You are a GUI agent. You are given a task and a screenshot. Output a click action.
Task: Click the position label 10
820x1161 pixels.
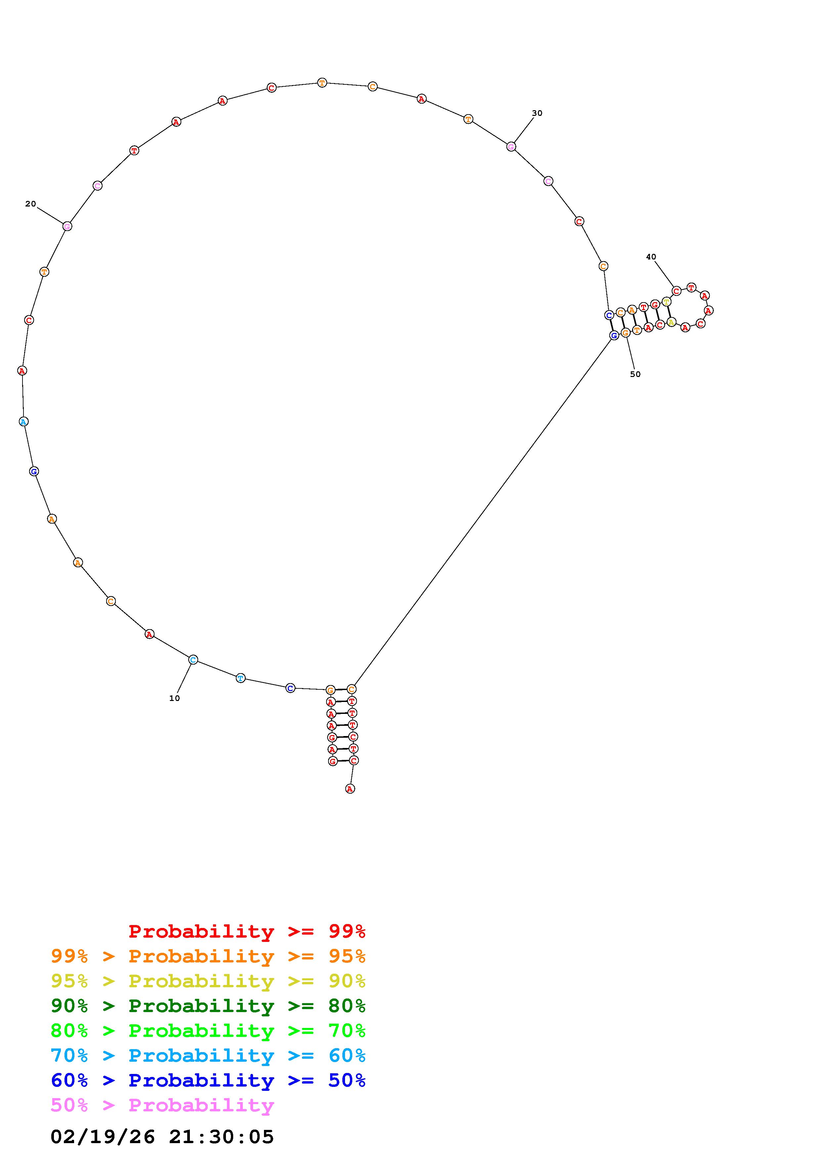point(174,698)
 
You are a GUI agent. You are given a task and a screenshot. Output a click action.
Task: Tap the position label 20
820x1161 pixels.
point(30,204)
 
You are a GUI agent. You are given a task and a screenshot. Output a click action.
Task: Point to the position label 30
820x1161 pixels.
point(537,113)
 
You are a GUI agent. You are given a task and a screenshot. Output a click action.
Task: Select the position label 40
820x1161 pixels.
point(651,257)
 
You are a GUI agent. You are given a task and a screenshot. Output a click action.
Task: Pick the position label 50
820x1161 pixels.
point(635,374)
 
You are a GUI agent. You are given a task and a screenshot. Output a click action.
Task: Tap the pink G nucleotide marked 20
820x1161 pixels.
point(67,226)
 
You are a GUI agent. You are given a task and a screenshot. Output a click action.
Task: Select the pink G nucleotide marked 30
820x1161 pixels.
point(511,147)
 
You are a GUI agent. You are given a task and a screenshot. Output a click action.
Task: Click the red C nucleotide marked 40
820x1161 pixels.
point(676,291)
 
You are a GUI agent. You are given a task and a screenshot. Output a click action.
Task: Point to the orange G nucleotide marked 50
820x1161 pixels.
point(626,332)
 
